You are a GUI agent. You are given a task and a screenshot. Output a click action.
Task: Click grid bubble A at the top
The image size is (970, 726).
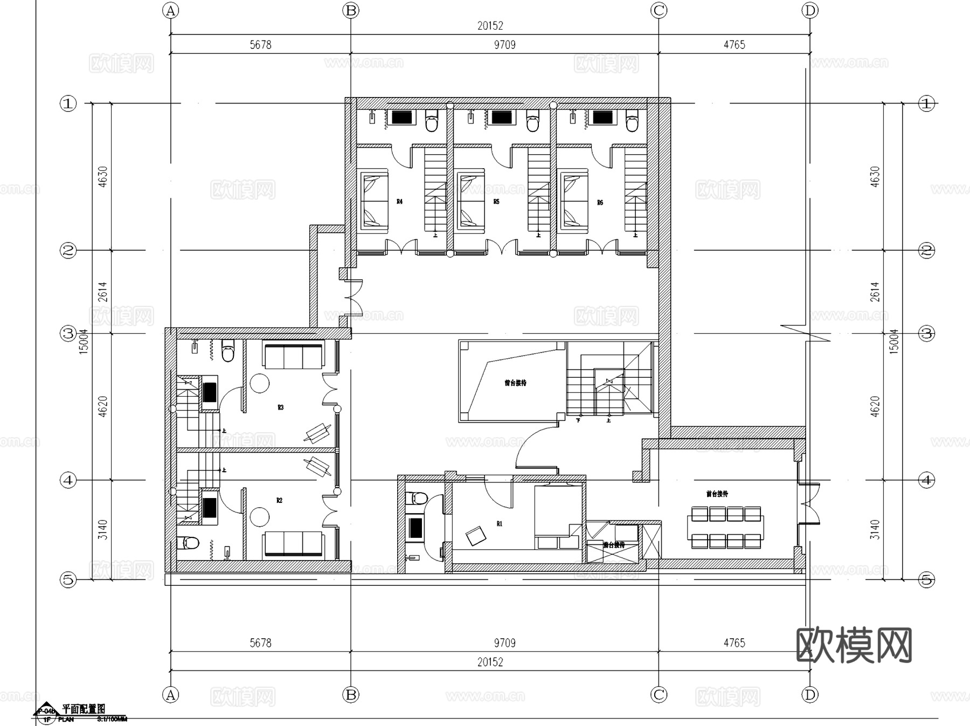(171, 10)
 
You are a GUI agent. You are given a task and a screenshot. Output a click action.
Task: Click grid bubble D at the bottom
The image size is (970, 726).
(810, 695)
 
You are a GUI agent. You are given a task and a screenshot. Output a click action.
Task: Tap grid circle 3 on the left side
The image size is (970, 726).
(68, 333)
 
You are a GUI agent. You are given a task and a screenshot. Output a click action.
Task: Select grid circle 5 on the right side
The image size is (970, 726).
(926, 580)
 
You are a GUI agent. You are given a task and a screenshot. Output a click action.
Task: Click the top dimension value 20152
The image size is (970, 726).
(490, 25)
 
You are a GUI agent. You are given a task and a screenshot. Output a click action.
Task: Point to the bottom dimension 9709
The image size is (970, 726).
(504, 643)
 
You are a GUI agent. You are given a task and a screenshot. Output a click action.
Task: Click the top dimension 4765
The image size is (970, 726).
(734, 45)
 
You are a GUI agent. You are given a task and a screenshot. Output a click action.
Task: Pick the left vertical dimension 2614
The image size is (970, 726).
(102, 292)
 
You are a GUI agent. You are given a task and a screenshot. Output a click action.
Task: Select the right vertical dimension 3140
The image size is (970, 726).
(875, 530)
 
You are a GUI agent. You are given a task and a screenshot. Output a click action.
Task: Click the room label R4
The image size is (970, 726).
(399, 202)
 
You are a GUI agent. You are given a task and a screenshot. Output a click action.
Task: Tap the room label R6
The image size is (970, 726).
(600, 203)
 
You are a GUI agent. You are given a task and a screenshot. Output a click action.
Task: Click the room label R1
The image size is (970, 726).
(500, 523)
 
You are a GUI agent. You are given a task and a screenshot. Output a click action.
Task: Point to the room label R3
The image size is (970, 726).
(280, 407)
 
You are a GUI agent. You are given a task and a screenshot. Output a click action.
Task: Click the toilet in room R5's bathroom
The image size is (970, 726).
(532, 122)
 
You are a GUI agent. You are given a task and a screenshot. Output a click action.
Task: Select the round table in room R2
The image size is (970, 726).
(260, 516)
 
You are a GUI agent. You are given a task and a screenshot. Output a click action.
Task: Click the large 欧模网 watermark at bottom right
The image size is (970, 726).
(854, 645)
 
